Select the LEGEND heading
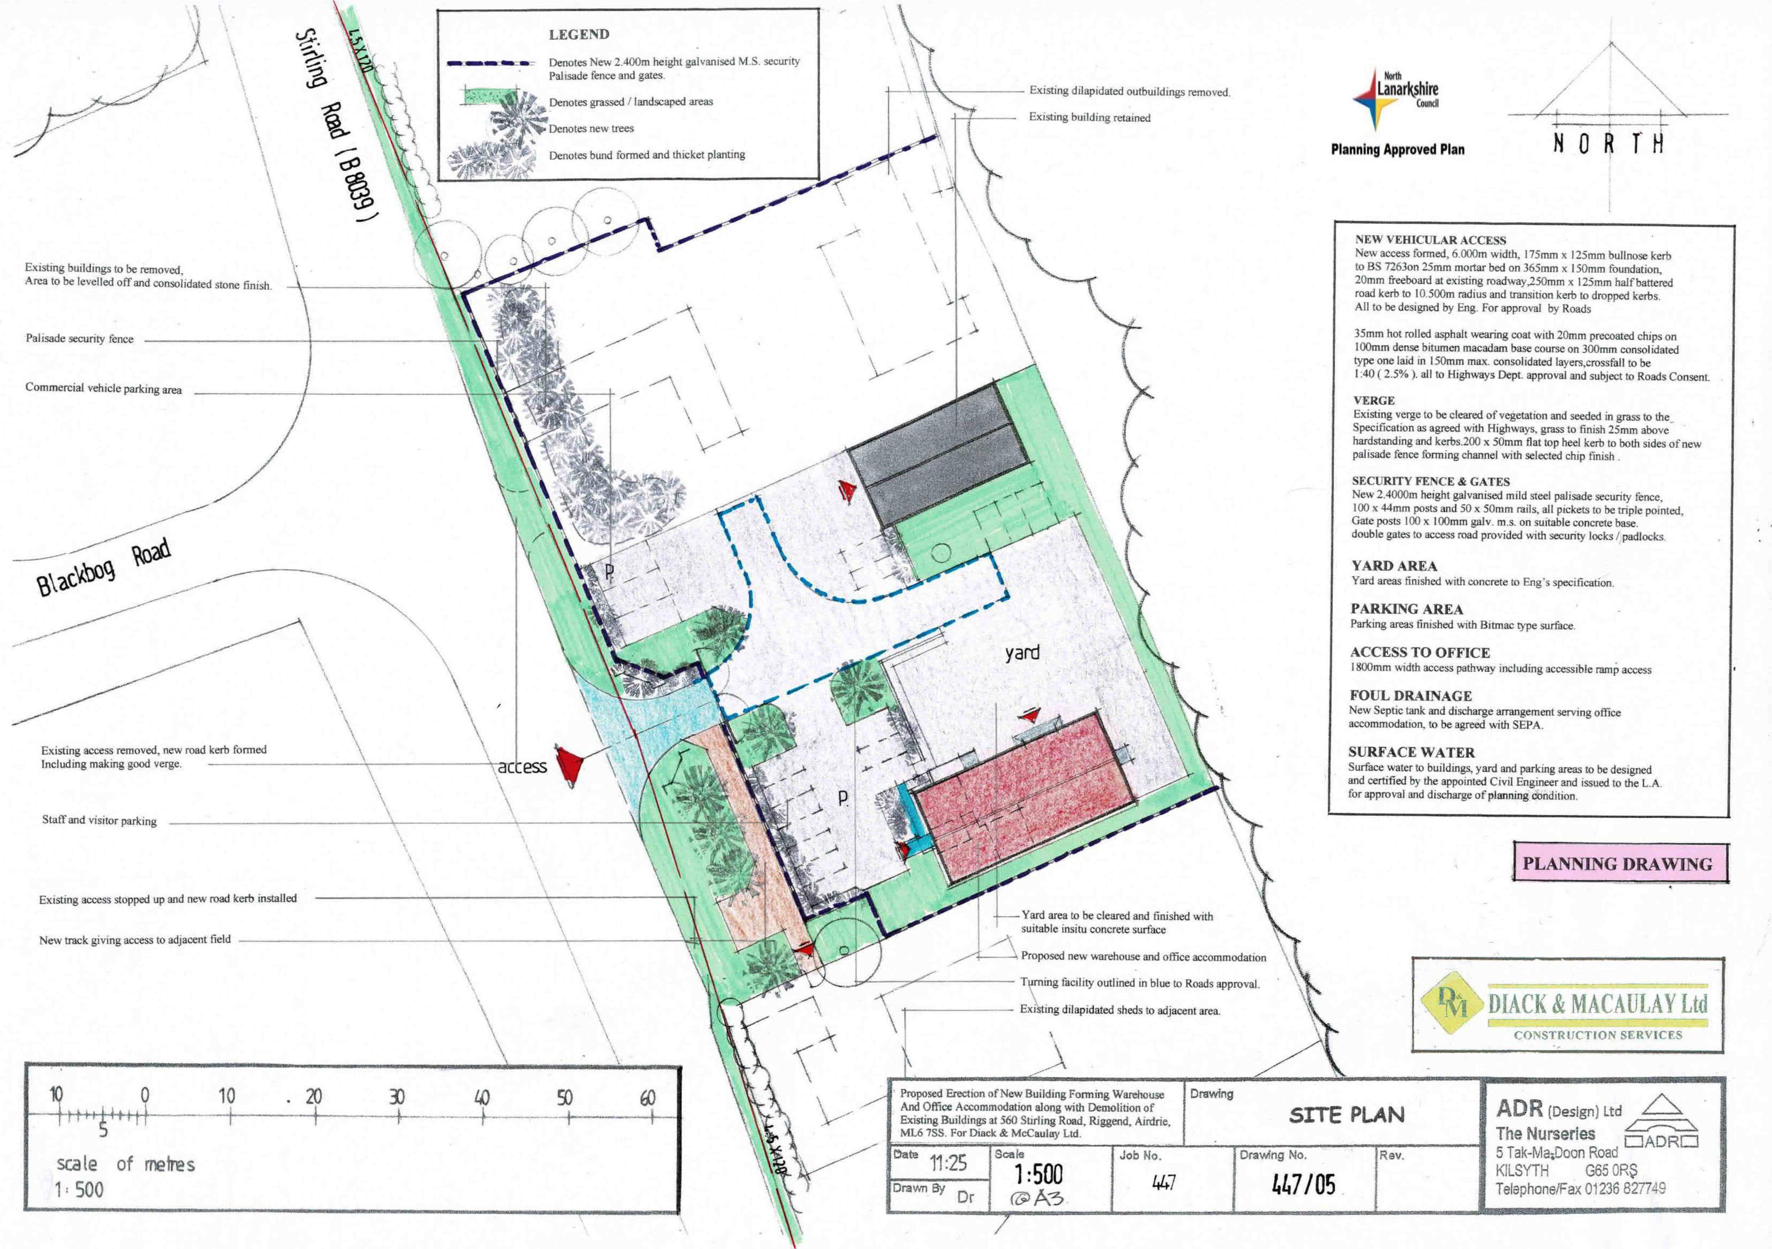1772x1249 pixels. click(579, 35)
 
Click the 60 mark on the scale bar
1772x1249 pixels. click(648, 1097)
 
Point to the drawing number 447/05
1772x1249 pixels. click(1303, 1183)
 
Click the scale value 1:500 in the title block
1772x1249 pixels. click(1038, 1175)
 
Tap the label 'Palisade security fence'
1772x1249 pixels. click(80, 339)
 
